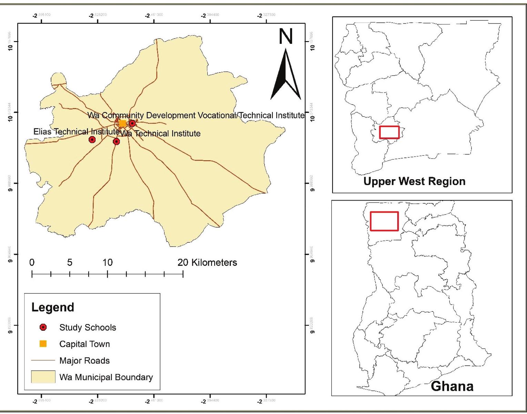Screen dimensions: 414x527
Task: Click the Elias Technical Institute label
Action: coord(76,132)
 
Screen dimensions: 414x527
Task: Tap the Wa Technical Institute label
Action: coord(160,134)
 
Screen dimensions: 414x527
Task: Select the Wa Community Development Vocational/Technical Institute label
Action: coord(196,115)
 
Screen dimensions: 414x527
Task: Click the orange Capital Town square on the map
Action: coord(122,123)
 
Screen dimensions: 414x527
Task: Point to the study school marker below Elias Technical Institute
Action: coord(92,139)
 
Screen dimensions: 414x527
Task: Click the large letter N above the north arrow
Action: coord(286,36)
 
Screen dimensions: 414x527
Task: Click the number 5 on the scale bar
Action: coord(70,263)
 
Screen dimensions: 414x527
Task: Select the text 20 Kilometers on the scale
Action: coord(207,262)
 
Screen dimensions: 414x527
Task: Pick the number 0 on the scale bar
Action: coord(32,263)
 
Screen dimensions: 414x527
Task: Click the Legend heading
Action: coord(53,307)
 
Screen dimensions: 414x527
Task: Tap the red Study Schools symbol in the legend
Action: coord(43,327)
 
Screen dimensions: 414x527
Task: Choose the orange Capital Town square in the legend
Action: coord(43,344)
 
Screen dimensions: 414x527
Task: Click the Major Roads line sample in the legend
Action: coord(43,360)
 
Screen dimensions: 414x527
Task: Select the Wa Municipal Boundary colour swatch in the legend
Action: coord(43,377)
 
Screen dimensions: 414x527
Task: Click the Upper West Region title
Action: coord(414,181)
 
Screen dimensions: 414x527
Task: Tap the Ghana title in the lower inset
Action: coord(452,386)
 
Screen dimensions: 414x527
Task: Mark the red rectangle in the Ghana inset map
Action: coord(384,221)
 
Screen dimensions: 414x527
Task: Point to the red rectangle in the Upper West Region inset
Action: coord(389,132)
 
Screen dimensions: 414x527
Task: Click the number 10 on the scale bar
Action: coord(108,263)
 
